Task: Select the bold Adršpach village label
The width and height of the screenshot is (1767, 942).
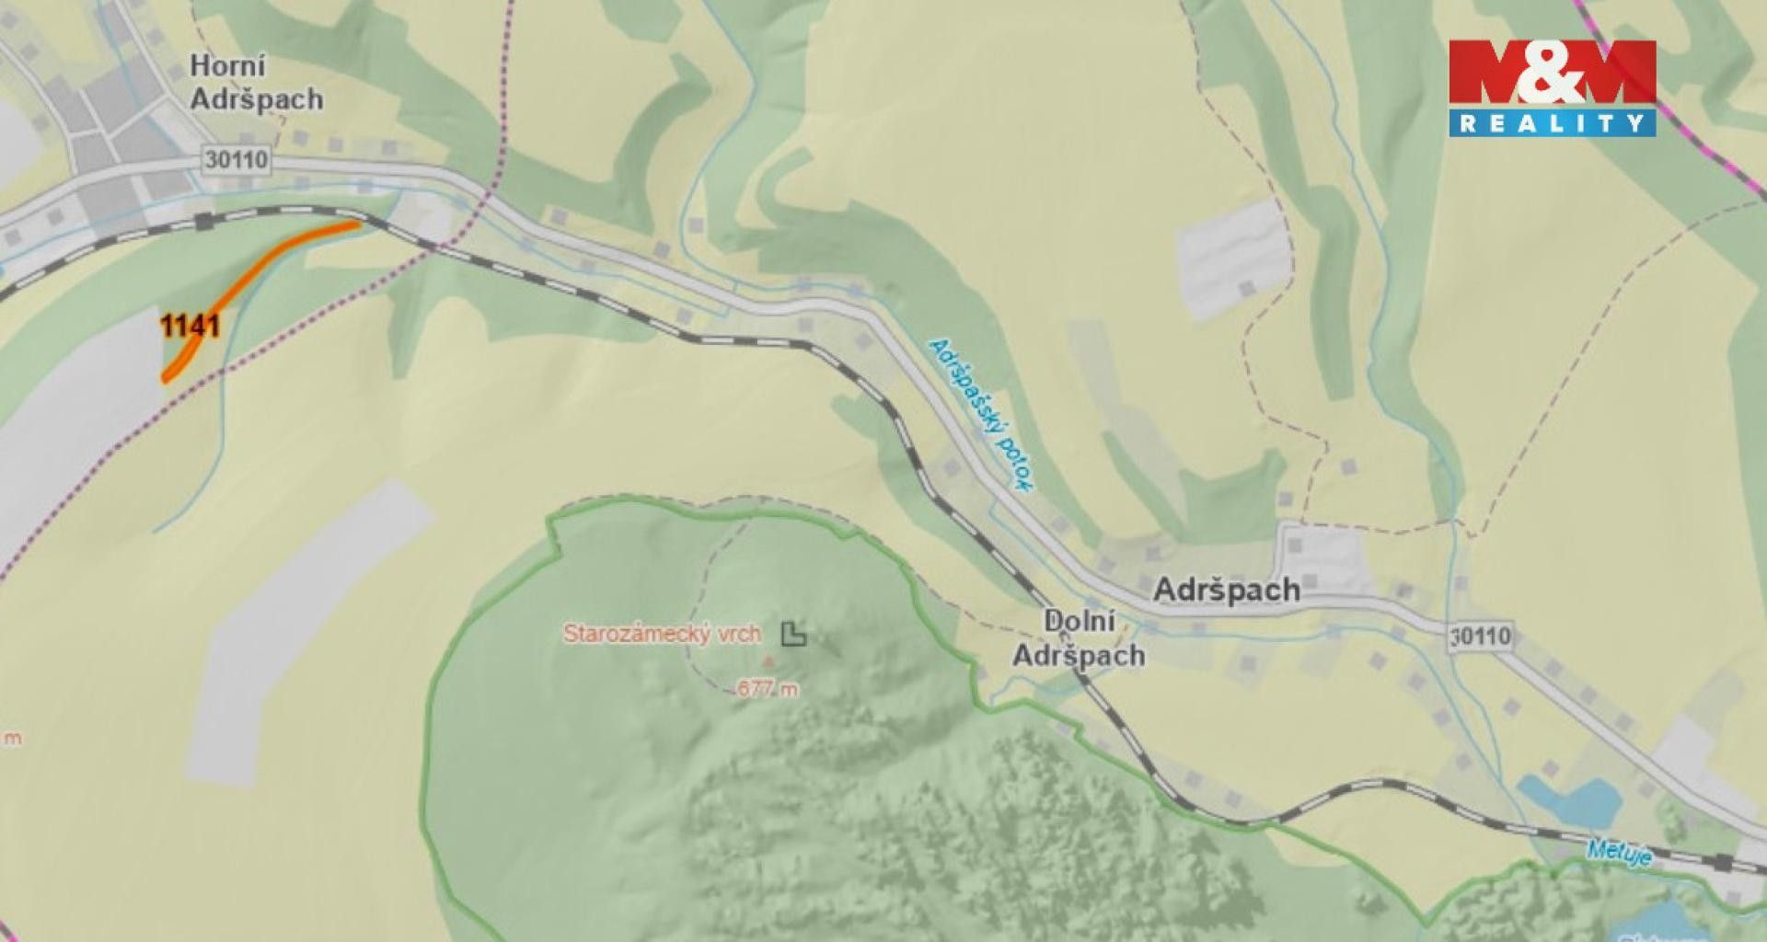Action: pyautogui.click(x=1227, y=590)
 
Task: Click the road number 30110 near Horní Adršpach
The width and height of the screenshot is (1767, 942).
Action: pyautogui.click(x=237, y=159)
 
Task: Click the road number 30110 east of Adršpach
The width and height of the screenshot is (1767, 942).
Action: pyautogui.click(x=1480, y=636)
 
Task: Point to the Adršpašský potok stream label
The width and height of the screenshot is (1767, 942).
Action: pyautogui.click(x=983, y=416)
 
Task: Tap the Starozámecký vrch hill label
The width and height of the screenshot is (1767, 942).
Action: pyautogui.click(x=662, y=634)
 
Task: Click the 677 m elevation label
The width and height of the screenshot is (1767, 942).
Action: pyautogui.click(x=768, y=688)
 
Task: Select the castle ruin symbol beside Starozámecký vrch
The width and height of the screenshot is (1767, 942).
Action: pyautogui.click(x=793, y=633)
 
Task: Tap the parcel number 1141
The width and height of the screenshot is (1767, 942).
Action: pyautogui.click(x=189, y=327)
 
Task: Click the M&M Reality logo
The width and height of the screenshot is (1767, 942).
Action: pyautogui.click(x=1552, y=88)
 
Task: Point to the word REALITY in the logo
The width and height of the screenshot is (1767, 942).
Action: pyautogui.click(x=1552, y=122)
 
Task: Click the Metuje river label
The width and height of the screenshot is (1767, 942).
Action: pyautogui.click(x=1619, y=853)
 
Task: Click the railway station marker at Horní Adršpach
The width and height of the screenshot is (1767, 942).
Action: pyautogui.click(x=204, y=221)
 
